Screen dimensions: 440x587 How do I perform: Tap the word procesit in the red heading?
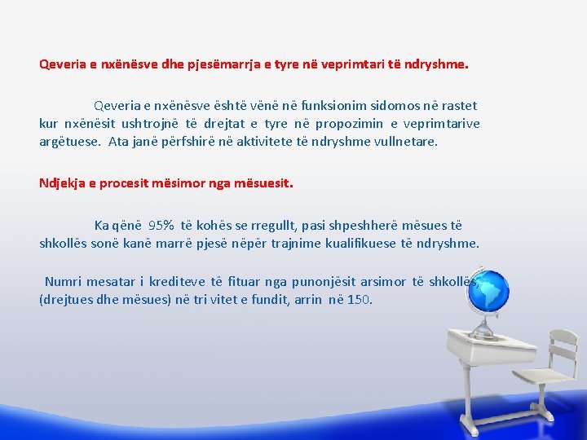[x=130, y=183]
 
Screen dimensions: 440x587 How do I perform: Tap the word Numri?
[x=63, y=281]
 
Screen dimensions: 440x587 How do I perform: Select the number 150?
[x=359, y=299]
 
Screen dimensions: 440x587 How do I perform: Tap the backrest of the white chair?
[x=563, y=350]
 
